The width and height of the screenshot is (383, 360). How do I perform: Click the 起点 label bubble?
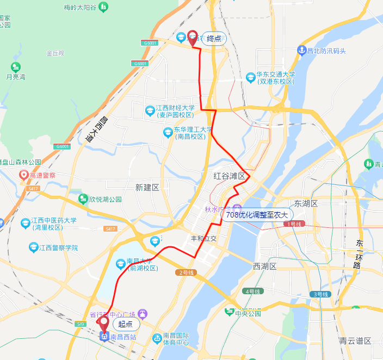tap(126, 324)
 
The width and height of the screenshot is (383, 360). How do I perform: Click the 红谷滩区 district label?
tap(230, 176)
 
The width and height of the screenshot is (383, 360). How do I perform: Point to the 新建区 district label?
tap(147, 187)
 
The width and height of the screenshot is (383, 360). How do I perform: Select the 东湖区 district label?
tap(306, 203)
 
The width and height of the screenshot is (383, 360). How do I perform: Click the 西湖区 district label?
tap(265, 266)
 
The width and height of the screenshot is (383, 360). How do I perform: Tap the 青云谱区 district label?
tap(355, 341)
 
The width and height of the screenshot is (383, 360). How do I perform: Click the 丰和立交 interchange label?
tap(203, 238)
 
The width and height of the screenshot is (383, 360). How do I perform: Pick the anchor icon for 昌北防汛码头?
tap(301, 51)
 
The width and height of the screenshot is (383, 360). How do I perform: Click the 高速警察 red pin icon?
tap(23, 175)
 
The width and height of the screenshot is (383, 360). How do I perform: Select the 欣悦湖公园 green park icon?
tap(83, 199)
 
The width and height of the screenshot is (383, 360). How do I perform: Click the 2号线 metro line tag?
tap(185, 272)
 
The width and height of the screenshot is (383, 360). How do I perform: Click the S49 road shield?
tap(81, 324)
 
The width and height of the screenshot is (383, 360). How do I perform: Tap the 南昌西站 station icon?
tap(103, 337)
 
